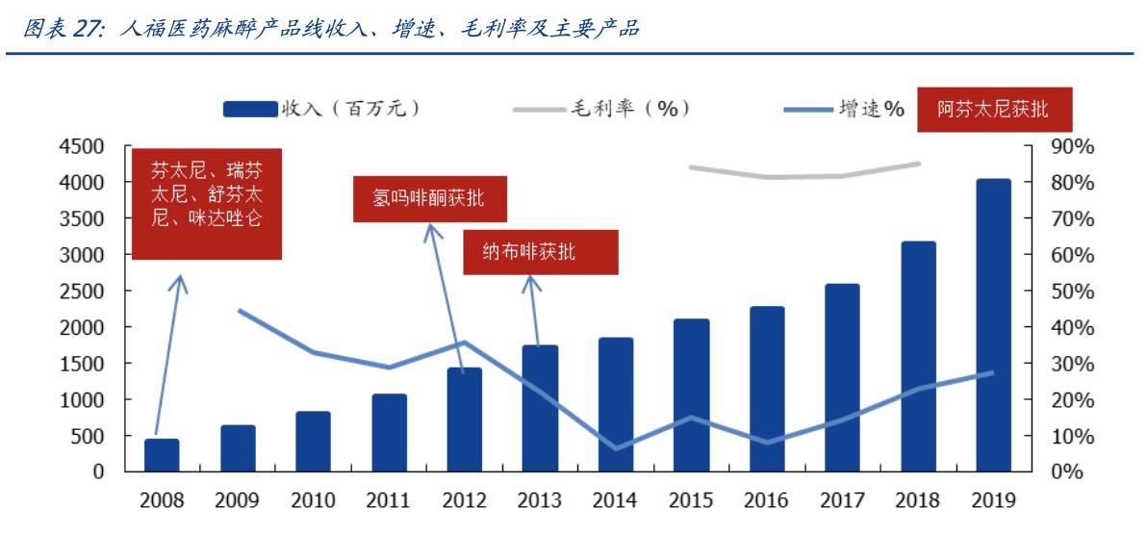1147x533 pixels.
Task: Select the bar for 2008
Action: pos(162,455)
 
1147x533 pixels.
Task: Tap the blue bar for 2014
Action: pos(616,404)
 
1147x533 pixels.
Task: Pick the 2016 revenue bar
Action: pos(767,389)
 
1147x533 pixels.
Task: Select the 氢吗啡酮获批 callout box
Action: pos(428,199)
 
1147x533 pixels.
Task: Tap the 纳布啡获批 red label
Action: pos(539,252)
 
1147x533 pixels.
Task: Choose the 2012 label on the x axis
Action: pos(464,501)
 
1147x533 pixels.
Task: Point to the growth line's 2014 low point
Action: pos(616,448)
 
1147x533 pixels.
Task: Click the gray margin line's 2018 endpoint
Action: pos(918,164)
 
